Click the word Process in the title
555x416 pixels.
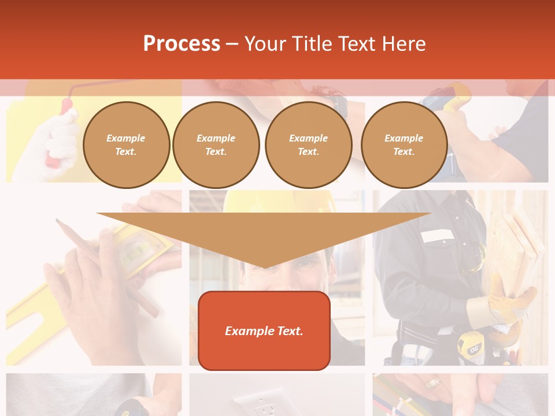click(182, 44)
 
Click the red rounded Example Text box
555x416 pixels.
click(264, 330)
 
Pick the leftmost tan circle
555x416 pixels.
click(126, 144)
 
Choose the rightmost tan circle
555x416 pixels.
click(404, 144)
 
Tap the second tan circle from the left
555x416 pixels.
click(216, 144)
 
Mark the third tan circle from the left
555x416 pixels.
click(308, 144)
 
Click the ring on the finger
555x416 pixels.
click(432, 383)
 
